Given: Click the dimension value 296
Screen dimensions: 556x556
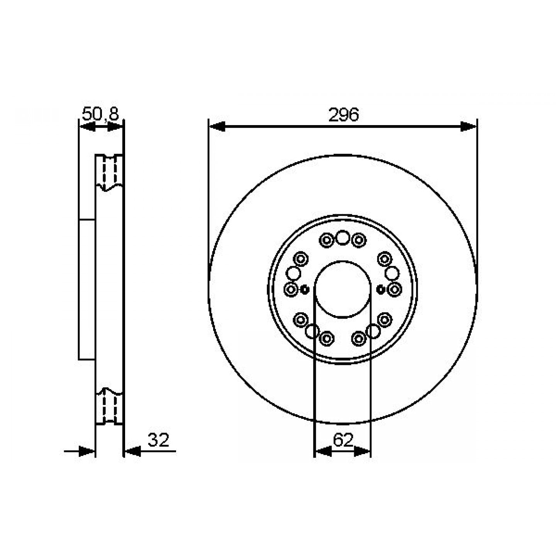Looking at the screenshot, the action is click(343, 115).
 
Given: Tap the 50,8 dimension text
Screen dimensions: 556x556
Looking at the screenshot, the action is click(100, 114).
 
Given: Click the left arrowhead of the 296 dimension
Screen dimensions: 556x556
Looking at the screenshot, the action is click(217, 126).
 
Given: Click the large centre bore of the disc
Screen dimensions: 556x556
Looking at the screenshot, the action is click(342, 290).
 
